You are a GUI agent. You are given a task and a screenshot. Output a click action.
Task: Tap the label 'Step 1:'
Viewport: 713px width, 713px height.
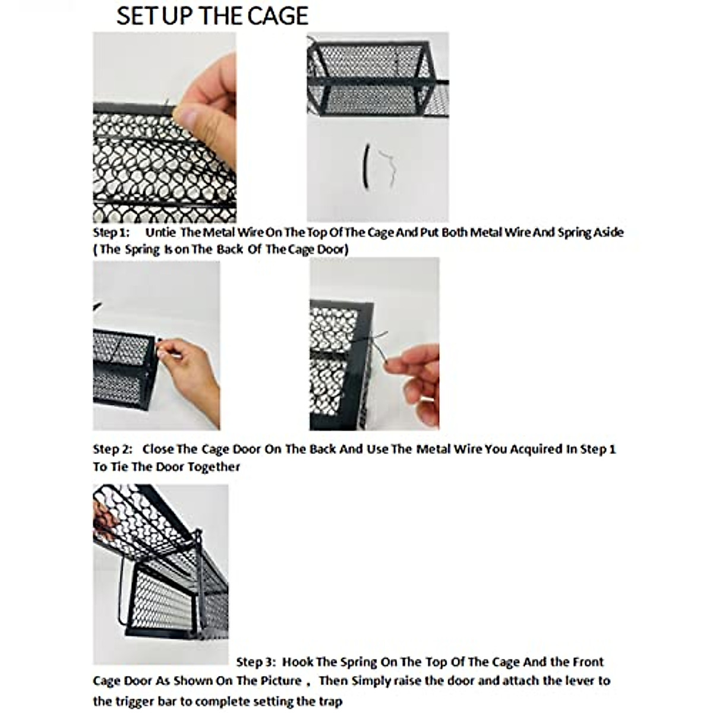[111, 232]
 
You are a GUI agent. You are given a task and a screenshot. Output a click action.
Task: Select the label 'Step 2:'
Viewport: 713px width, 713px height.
[112, 449]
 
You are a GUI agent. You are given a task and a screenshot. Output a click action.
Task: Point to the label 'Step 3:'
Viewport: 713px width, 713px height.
[255, 662]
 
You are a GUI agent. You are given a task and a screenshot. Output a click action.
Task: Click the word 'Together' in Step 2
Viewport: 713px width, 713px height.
[214, 467]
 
